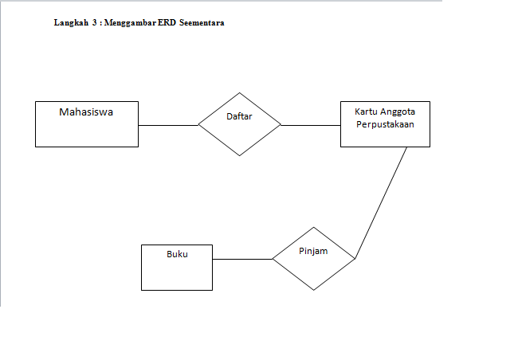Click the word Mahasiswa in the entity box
(x=86, y=112)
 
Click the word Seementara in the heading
(x=202, y=23)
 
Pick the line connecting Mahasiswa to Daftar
(x=168, y=125)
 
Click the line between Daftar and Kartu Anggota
(x=311, y=125)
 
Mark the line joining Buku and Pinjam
(x=243, y=259)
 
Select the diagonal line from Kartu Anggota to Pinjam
(x=381, y=203)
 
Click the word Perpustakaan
(x=385, y=125)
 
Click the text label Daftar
(x=239, y=116)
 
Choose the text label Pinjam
(x=314, y=250)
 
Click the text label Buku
(x=177, y=254)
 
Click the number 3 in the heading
(x=95, y=23)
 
